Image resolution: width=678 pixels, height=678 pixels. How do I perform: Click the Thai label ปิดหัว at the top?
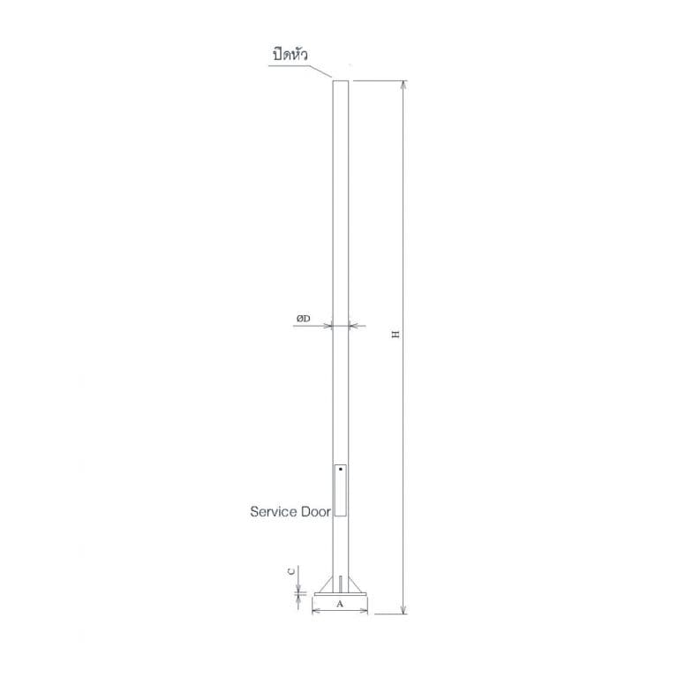coord(290,55)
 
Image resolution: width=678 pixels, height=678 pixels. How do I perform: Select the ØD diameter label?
coord(303,319)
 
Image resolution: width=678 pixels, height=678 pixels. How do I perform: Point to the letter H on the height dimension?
coord(395,335)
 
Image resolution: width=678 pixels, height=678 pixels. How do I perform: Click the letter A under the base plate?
coord(340,604)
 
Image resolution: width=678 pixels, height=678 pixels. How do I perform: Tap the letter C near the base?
coord(291,571)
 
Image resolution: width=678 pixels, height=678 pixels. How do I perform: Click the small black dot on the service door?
coord(341,469)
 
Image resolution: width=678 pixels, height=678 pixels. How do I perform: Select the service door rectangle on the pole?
coord(340,490)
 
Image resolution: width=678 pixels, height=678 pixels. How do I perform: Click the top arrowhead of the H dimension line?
coord(403,85)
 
